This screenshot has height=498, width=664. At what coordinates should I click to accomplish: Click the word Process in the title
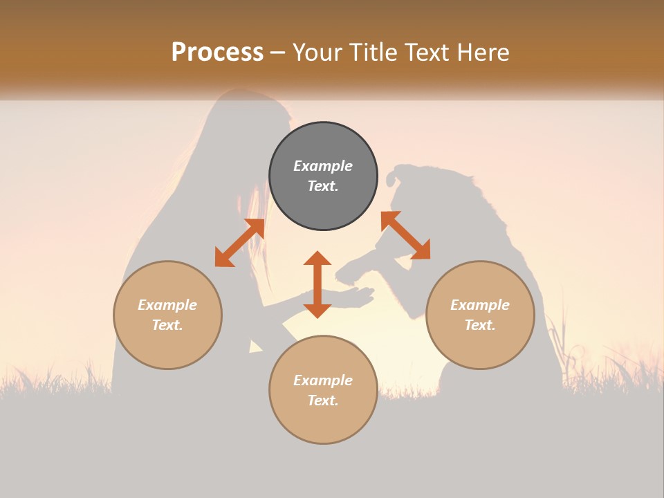click(x=217, y=52)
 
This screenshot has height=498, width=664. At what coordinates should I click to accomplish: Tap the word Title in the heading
click(x=374, y=52)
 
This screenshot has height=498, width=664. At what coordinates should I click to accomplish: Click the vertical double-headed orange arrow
click(x=317, y=284)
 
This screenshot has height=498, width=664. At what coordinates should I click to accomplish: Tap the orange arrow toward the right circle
click(x=405, y=235)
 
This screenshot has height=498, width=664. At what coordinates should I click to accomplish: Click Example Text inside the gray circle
click(x=323, y=176)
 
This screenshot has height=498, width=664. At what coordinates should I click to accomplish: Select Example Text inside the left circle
click(x=167, y=315)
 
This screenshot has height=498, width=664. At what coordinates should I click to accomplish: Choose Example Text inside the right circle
click(x=480, y=315)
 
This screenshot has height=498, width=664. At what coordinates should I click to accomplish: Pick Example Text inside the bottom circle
click(x=323, y=390)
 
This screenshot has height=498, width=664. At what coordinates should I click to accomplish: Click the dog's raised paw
click(x=349, y=273)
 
